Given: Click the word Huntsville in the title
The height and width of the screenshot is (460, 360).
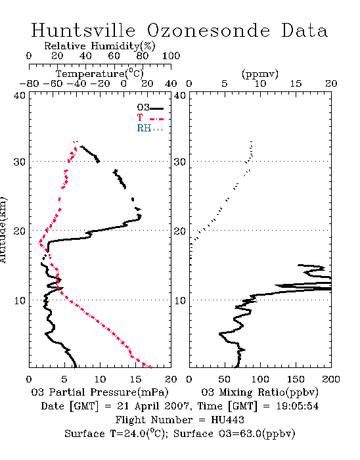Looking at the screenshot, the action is (x=83, y=30).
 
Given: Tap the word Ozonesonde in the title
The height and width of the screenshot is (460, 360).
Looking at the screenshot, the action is (x=208, y=30).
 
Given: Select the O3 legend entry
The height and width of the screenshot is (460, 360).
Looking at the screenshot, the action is (x=150, y=108).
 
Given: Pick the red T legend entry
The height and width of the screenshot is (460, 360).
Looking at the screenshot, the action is (x=150, y=118).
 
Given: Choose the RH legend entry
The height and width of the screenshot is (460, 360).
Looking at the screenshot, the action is (x=150, y=128).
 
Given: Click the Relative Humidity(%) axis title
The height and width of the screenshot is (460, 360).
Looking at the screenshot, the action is (x=100, y=46).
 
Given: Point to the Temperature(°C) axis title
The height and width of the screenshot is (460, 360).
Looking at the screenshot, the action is (x=100, y=74).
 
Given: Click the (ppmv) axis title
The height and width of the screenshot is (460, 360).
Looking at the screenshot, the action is (x=260, y=74).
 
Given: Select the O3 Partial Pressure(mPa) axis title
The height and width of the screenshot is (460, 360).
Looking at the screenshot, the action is (x=100, y=392).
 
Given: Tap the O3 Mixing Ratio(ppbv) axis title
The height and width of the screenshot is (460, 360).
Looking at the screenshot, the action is (x=259, y=392).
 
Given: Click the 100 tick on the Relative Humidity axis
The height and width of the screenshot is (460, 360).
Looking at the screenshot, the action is (x=171, y=56).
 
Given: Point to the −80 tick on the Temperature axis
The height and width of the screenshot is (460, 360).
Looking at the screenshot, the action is (x=29, y=84).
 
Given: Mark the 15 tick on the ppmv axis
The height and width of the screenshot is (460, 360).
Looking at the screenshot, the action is (x=296, y=84).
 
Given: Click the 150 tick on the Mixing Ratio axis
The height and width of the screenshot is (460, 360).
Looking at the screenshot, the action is (x=296, y=379).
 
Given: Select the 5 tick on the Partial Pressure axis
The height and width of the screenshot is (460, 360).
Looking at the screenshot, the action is (x=64, y=379).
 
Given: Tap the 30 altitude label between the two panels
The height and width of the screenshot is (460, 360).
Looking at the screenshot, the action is (x=179, y=162).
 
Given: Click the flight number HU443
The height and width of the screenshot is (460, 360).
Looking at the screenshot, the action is (x=227, y=420).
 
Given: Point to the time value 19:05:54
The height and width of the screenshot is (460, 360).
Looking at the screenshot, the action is (x=298, y=406).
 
